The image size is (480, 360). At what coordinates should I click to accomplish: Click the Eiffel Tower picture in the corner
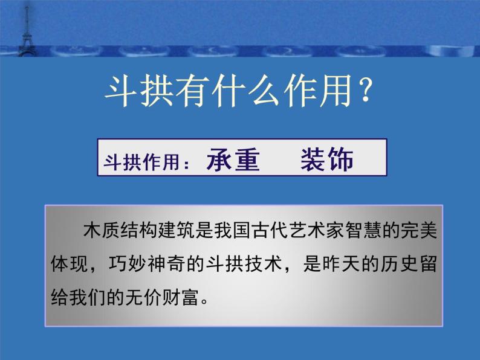pyautogui.click(x=26, y=29)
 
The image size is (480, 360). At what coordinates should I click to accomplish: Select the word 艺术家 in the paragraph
pyautogui.click(x=317, y=233)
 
